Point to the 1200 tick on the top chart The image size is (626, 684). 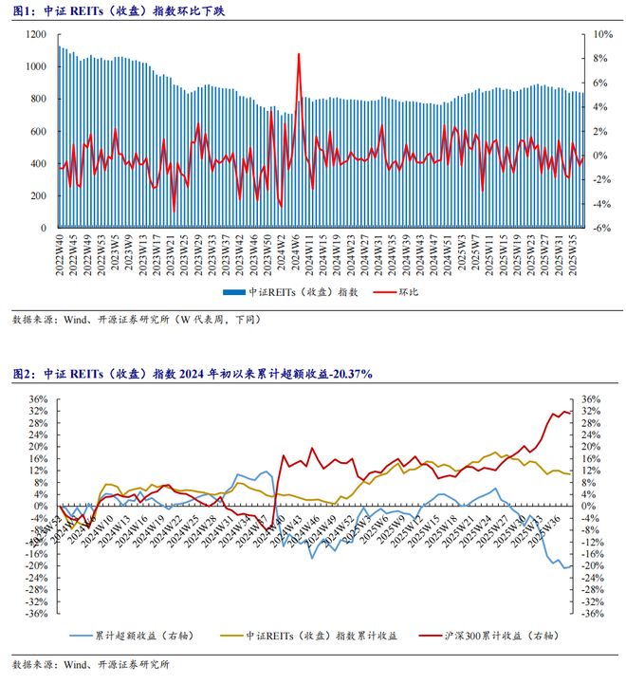(x=35, y=34)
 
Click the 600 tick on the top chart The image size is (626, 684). (x=38, y=131)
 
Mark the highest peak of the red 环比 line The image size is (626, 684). (x=300, y=54)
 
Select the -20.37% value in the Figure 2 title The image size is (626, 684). (x=347, y=376)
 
